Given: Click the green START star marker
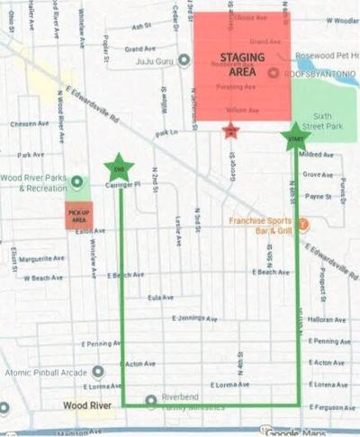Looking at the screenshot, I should pos(293,138).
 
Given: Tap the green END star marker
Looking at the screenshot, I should pos(118,166).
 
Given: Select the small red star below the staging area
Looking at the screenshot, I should pos(229,131).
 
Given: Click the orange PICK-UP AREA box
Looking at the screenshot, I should pos(79,216).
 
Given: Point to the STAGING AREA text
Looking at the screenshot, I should pos(242,65).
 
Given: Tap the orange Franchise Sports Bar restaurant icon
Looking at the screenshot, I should pos(304,224).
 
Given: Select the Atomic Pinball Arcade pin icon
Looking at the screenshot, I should pos(97,370).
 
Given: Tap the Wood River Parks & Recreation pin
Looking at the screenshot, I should pos(76,182).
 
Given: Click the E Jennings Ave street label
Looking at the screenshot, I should pos(194,318).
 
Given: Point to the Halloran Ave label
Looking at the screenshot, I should pos(320,320).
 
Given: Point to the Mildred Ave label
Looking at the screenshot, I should pos(318,155).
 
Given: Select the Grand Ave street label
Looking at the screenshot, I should pos(141,49).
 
